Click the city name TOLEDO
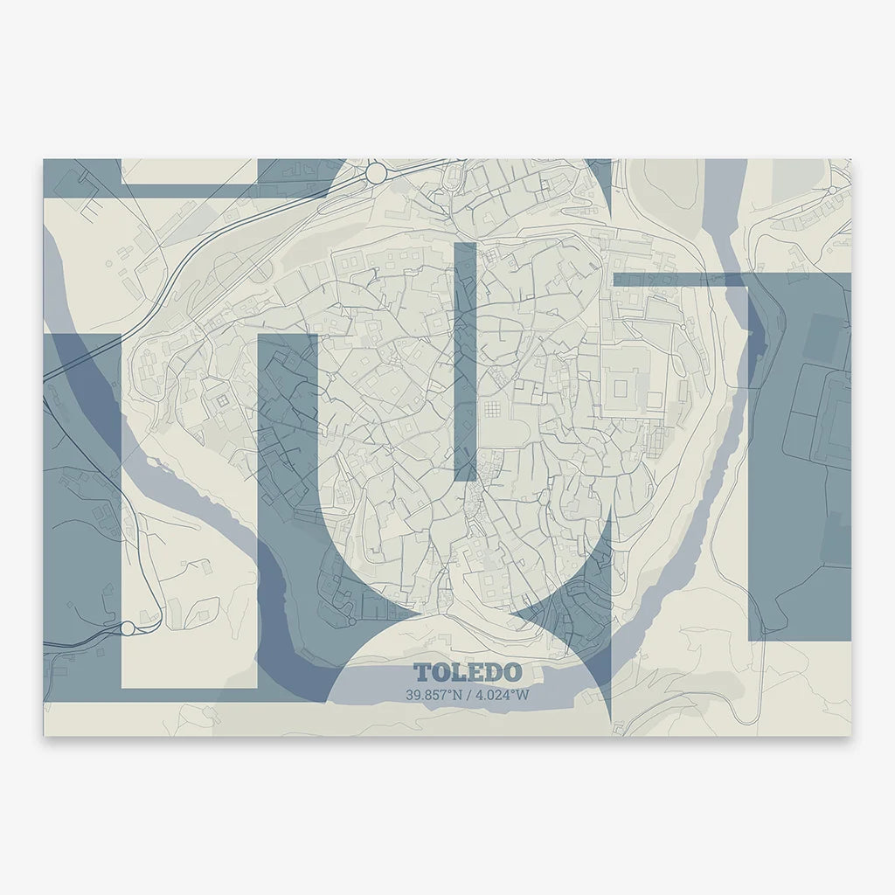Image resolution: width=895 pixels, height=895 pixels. click(468, 672)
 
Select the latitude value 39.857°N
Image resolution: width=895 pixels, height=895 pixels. click(433, 696)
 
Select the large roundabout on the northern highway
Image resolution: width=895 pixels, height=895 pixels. click(376, 173)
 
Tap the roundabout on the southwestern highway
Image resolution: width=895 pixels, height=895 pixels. click(128, 628)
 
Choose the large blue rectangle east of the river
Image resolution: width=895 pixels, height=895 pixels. click(800, 454)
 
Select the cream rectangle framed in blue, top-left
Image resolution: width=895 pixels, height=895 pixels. click(189, 171)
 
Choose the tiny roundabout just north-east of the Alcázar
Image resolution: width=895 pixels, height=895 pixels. click(682, 326)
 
